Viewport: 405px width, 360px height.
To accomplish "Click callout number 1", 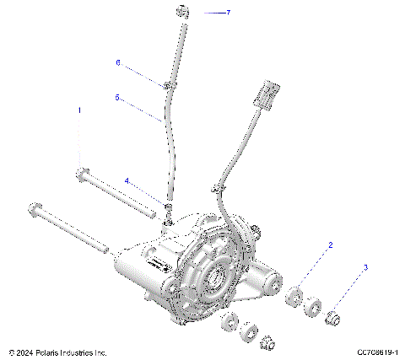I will [x=80, y=110].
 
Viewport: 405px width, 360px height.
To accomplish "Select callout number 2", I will [x=330, y=244].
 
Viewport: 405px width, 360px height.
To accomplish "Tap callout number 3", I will [x=365, y=267].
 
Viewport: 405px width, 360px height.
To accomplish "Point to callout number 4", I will [x=127, y=180].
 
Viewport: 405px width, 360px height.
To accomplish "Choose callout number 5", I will [x=117, y=97].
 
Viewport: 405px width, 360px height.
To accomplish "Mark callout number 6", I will [x=118, y=62].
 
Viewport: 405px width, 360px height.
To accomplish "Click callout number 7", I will [x=227, y=13].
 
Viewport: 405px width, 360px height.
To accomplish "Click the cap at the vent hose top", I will [x=181, y=11].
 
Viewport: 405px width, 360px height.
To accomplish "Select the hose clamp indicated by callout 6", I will [x=169, y=85].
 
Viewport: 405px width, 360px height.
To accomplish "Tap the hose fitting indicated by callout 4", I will [x=168, y=207].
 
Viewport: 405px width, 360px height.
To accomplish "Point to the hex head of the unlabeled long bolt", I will [x=35, y=207].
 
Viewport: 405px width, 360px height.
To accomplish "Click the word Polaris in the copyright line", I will [x=60, y=352].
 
